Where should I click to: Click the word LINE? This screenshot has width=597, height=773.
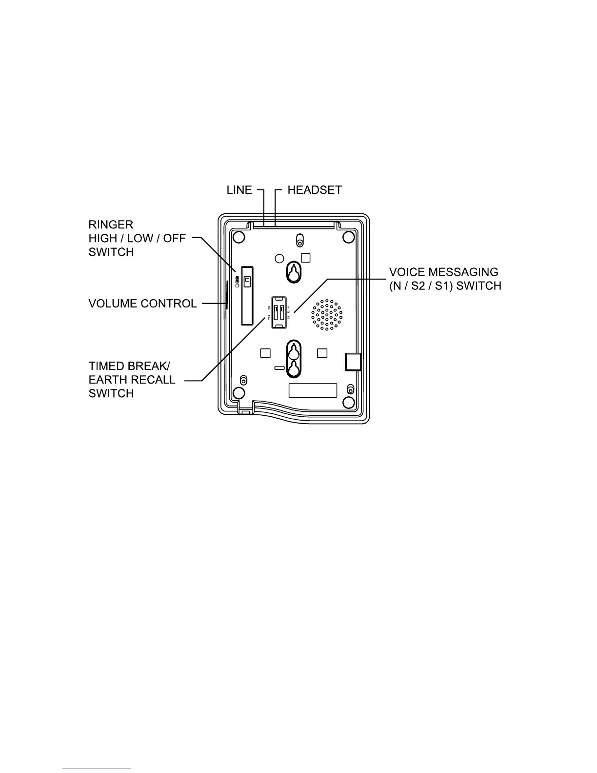coord(239,190)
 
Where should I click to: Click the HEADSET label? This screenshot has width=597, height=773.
coord(315,190)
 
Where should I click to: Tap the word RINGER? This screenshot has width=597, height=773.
coord(111,224)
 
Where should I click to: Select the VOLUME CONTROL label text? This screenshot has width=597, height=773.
coord(142,304)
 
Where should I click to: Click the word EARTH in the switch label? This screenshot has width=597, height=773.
coord(108,380)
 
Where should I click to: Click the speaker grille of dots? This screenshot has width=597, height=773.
coord(327,315)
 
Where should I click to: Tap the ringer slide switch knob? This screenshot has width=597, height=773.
coord(247,281)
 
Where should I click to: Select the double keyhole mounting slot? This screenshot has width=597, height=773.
coord(293,360)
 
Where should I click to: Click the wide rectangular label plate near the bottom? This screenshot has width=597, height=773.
coord(313,390)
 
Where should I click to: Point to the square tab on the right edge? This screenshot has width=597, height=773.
coord(353,361)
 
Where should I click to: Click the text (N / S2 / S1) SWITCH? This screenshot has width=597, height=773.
coord(445,285)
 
